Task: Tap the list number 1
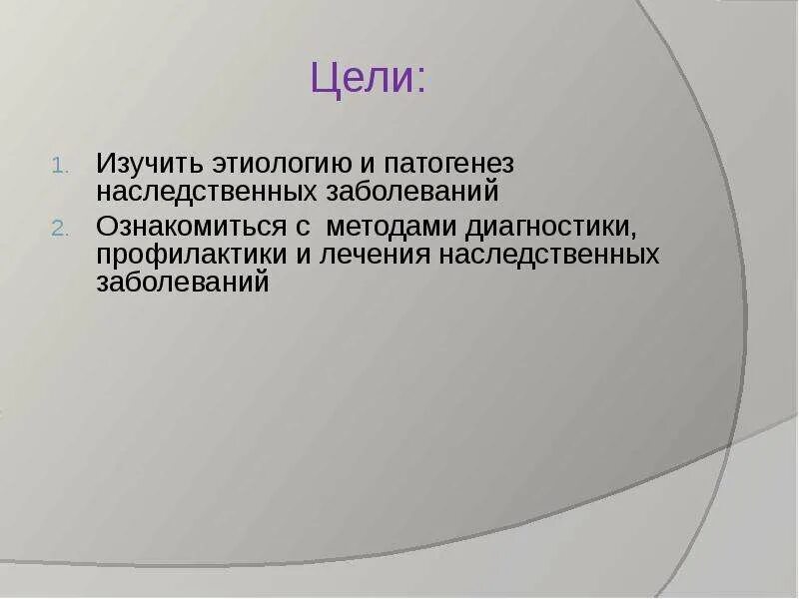[57, 166]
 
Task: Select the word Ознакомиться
[191, 228]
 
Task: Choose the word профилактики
[191, 255]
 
